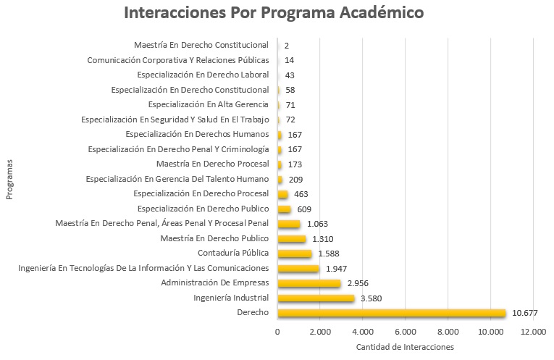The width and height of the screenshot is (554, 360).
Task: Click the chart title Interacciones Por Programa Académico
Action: coord(274,14)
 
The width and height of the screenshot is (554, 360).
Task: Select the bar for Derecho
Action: coord(391,313)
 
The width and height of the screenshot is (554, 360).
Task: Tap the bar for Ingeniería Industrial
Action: coord(316,298)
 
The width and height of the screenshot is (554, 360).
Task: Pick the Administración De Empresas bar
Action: coord(309,283)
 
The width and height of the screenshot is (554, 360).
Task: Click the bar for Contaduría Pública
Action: coord(294,254)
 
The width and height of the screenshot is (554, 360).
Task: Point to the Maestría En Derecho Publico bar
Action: coord(291,238)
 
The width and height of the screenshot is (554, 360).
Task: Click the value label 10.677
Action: coord(524,313)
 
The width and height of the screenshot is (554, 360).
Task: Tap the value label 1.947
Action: coord(336,269)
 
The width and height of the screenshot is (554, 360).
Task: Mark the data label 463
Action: coord(301,194)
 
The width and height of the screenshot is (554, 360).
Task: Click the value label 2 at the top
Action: coord(287,46)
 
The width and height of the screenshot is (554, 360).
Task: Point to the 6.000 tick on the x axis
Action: coord(406,331)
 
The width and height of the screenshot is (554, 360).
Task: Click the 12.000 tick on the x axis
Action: coord(533,331)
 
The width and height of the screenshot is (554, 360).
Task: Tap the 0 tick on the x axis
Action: coord(277,331)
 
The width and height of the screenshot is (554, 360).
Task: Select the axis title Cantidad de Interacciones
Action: coord(405,347)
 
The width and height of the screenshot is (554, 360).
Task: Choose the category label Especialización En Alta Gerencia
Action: coord(208,105)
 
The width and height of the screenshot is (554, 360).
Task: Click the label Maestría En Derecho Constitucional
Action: coord(201,46)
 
